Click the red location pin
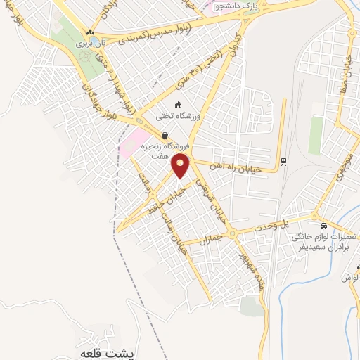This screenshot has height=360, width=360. click(x=181, y=167)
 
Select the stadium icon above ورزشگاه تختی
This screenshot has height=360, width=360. click(x=178, y=105)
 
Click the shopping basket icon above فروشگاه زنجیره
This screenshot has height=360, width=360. click(x=164, y=136)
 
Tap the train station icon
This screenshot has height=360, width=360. click(x=283, y=161)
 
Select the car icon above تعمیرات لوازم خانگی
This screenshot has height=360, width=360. click(x=323, y=226)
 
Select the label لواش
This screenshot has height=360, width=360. click(x=350, y=278)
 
